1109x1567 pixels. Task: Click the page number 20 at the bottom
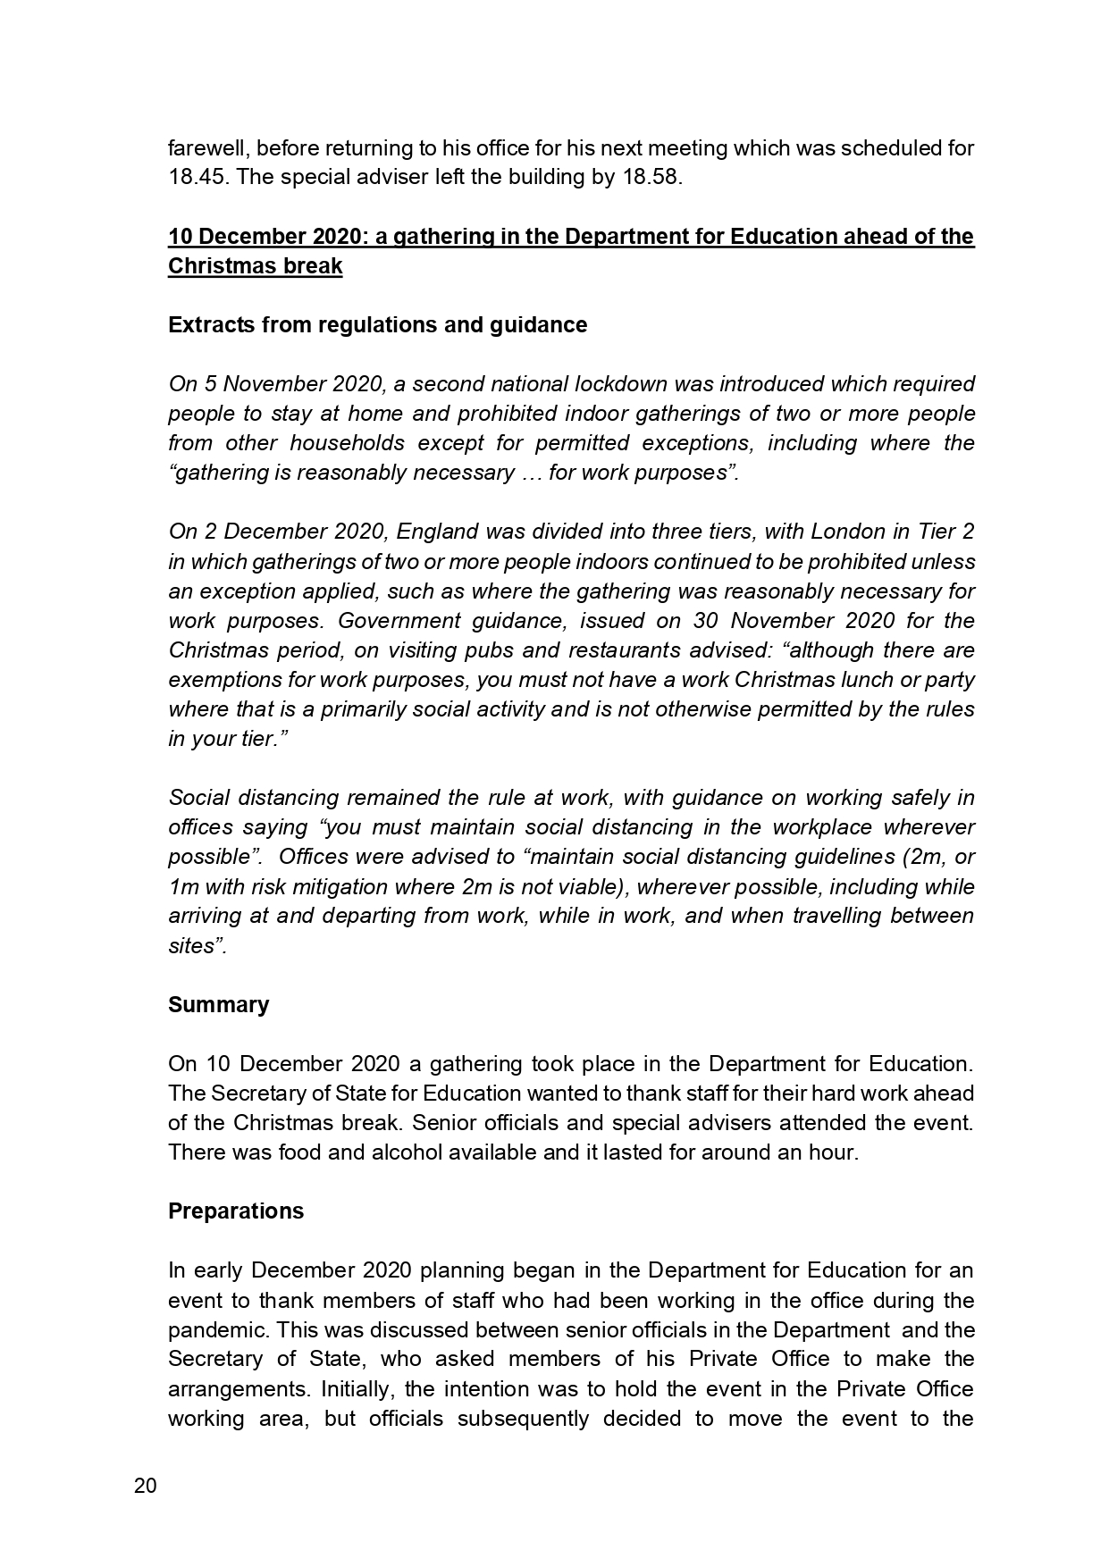coord(145,1487)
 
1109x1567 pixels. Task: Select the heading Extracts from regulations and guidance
coord(377,324)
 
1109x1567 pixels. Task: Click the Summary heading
coord(218,1004)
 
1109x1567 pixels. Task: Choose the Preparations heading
coord(236,1211)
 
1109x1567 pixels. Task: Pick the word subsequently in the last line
coord(523,1418)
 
